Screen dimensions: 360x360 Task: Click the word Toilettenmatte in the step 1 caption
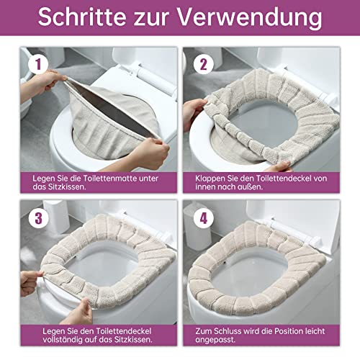coord(115,176)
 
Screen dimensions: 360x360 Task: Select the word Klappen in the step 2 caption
coord(208,176)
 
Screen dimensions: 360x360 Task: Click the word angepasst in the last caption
coord(218,338)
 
